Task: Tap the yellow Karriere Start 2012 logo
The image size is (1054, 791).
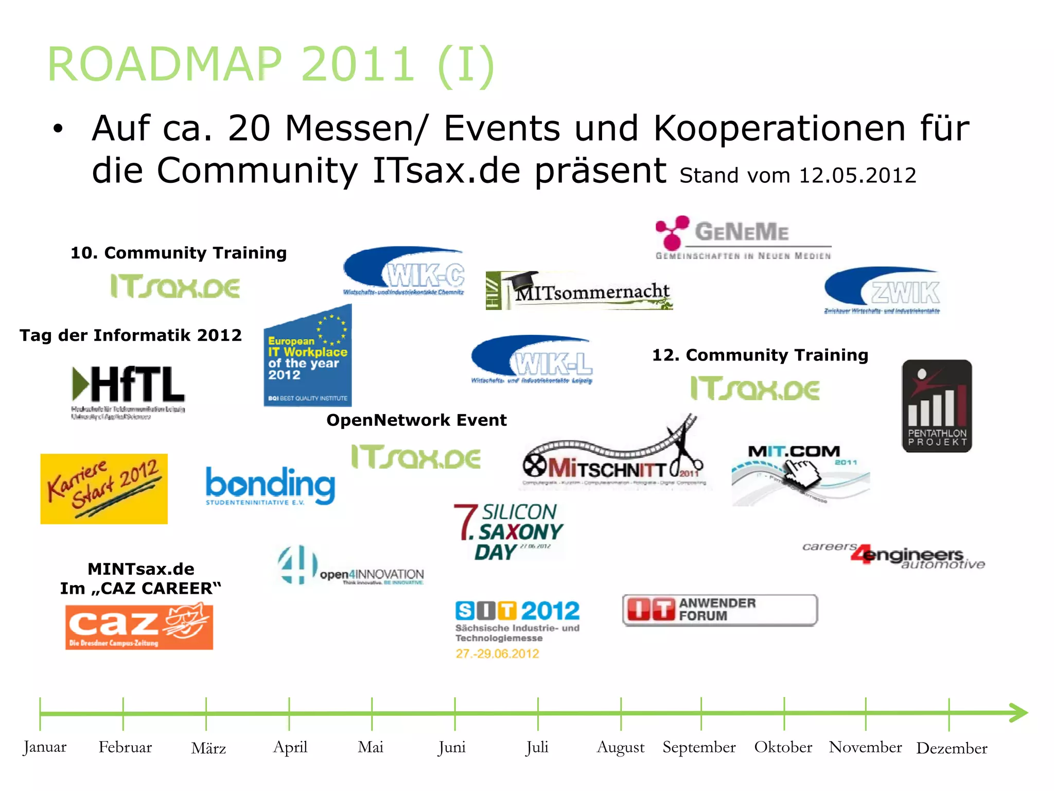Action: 104,489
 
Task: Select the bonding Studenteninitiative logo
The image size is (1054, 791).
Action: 270,486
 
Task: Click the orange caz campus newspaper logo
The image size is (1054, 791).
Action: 139,627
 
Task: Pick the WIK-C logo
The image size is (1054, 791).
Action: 404,272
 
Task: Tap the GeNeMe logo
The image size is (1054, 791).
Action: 743,237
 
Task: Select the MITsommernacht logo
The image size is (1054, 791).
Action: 579,291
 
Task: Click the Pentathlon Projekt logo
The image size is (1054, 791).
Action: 937,406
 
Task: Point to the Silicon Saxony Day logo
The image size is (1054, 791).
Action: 508,532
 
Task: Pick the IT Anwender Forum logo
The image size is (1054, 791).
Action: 719,610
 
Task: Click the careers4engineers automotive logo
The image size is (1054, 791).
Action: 893,556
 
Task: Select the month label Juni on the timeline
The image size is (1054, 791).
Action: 452,747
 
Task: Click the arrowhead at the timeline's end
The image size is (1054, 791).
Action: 1018,713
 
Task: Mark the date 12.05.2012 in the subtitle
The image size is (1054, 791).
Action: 857,176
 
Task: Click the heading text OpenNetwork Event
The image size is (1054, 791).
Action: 416,420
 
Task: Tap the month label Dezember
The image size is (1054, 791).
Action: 952,748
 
